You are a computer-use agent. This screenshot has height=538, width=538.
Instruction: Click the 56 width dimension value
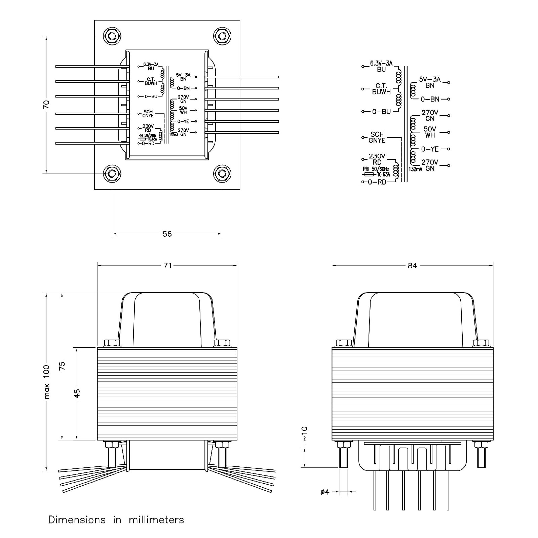[167, 234]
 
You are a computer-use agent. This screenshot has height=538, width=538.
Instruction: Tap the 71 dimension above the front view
[167, 266]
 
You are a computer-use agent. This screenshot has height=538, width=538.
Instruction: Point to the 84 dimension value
[412, 266]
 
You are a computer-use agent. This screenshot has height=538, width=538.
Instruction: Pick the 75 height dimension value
[62, 366]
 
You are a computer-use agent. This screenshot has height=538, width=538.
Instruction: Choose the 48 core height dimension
[77, 393]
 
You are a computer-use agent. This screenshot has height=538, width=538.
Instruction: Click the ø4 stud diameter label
[325, 492]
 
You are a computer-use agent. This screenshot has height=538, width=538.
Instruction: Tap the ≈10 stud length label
[304, 434]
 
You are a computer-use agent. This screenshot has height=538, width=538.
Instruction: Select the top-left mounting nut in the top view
[112, 36]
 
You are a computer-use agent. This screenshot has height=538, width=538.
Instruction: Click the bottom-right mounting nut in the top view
[222, 174]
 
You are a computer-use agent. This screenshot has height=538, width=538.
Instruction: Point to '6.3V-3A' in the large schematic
[381, 63]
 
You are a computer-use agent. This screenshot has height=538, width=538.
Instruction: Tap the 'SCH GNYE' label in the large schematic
[377, 138]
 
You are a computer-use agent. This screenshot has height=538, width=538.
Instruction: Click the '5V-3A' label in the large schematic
[430, 80]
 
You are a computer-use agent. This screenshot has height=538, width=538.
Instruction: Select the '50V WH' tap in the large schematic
[430, 132]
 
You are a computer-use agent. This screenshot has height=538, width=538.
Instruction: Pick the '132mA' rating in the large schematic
[416, 169]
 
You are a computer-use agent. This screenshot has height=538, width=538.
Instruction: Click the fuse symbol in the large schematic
[369, 175]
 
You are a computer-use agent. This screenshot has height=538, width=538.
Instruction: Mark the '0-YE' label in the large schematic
[430, 149]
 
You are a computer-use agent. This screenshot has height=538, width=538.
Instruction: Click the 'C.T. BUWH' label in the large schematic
[381, 89]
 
